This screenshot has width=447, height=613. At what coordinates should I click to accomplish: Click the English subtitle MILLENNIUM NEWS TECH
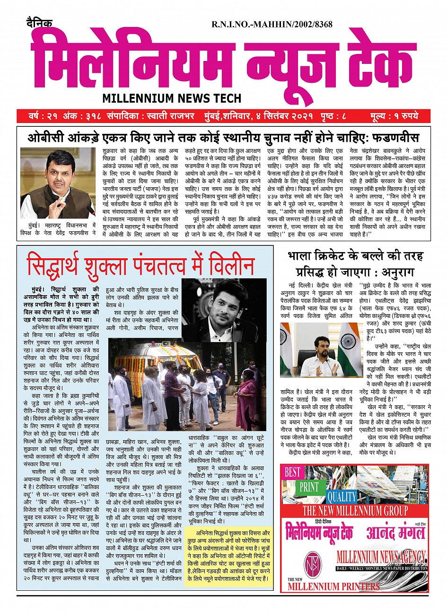172,98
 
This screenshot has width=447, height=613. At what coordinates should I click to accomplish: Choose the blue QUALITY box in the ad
341,497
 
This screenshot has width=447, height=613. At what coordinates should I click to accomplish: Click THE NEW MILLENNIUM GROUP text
355,510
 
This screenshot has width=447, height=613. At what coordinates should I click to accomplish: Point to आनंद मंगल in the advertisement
395,533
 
